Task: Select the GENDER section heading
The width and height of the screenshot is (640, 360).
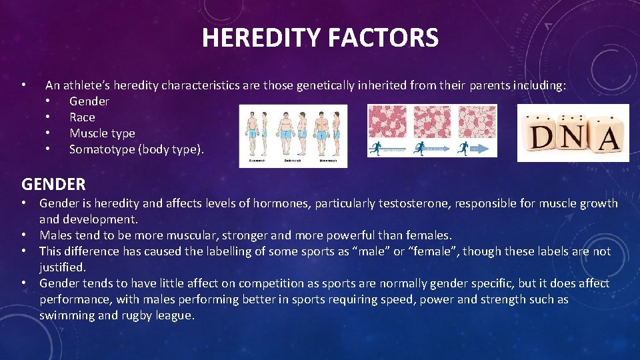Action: [x=53, y=183]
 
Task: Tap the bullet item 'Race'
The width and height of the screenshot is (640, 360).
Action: [x=82, y=117]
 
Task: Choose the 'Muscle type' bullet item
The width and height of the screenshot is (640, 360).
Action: [x=102, y=133]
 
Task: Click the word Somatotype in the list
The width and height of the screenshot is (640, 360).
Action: [x=101, y=149]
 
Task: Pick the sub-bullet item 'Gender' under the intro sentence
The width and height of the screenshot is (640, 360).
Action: [x=89, y=101]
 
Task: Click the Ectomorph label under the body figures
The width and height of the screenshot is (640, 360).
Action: [x=257, y=161]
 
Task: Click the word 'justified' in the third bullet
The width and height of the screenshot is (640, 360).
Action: [x=62, y=267]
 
